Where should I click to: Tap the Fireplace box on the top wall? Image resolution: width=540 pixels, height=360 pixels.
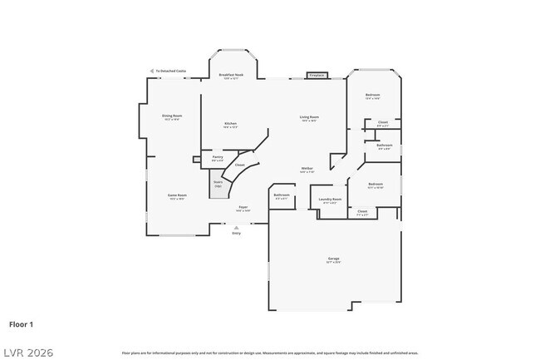[x=316, y=76]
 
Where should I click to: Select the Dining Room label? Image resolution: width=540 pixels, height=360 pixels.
[x=172, y=117]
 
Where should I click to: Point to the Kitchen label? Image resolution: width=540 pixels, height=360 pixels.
[x=230, y=126]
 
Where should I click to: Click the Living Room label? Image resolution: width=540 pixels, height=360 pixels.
[x=309, y=118]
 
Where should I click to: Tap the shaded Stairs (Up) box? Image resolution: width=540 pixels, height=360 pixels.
[x=218, y=184]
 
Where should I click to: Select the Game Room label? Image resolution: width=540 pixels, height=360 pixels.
[x=178, y=197]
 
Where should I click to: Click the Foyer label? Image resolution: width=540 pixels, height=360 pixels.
[x=243, y=209]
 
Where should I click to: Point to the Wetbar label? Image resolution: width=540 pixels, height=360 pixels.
[x=307, y=170]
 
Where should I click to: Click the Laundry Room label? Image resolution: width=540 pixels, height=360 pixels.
[x=331, y=200]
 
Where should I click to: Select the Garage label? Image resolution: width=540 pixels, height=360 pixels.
[x=333, y=260]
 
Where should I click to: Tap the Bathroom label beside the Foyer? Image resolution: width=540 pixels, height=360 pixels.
[x=281, y=196]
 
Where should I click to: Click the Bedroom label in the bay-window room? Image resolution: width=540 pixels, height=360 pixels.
[x=372, y=96]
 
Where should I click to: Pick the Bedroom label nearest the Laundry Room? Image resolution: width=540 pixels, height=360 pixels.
[x=376, y=185]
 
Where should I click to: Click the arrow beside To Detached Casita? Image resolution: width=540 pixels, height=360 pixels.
[x=152, y=71]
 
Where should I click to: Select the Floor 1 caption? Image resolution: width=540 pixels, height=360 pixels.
[x=22, y=323]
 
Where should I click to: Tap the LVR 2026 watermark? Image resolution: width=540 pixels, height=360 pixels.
[x=27, y=353]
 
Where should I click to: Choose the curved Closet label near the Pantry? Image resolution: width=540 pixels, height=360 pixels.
[x=239, y=165]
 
